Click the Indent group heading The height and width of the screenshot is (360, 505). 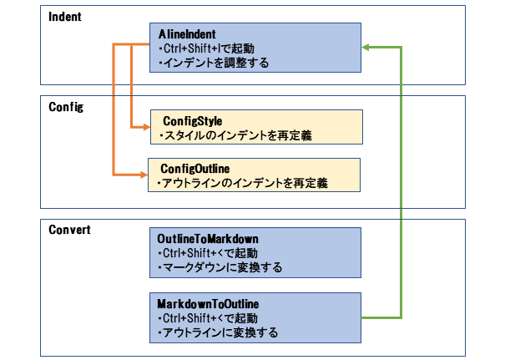point(65,17)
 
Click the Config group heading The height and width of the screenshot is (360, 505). point(66,107)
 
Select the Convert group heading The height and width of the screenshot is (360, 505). point(69,230)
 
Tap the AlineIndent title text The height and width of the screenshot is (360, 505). point(187,34)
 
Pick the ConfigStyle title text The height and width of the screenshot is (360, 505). point(193,121)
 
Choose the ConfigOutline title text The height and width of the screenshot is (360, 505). point(195,169)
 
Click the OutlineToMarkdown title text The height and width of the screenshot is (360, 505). point(208,239)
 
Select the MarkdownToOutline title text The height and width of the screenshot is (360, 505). point(208,304)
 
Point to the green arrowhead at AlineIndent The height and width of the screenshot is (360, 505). point(366,48)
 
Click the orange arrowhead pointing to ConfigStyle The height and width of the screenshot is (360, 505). point(147,127)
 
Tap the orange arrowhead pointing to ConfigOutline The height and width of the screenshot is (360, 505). point(144,175)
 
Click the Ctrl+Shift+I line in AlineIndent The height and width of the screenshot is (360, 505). point(207,48)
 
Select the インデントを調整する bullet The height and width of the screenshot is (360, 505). point(214,63)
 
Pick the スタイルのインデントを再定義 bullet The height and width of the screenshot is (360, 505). point(235,135)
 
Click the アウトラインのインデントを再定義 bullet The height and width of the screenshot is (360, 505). point(243,184)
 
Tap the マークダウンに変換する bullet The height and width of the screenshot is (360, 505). point(220,267)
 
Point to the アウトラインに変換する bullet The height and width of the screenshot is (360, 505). point(218,332)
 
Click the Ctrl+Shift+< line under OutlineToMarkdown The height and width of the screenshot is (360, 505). point(208,253)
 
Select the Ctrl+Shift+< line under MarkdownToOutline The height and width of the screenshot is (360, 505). point(208,318)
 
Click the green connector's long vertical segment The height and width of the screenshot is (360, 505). point(401,182)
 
